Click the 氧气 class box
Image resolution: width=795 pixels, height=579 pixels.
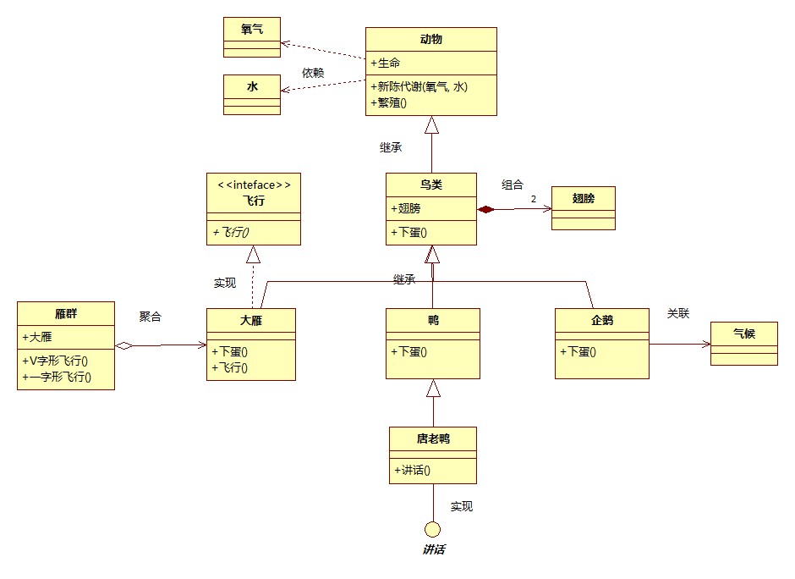point(251,36)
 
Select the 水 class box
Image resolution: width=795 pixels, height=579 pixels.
point(251,94)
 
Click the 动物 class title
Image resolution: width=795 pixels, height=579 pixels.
point(430,39)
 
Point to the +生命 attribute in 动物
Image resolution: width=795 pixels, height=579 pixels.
point(386,63)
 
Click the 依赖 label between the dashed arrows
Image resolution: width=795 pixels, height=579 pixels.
point(313,73)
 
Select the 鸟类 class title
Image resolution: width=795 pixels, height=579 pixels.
point(430,185)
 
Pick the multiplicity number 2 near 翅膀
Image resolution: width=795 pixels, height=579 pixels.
point(534,199)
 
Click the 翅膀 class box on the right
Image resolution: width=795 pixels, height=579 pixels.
point(583,207)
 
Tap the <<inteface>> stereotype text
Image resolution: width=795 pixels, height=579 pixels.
point(253,185)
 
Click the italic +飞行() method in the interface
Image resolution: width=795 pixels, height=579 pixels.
point(237,232)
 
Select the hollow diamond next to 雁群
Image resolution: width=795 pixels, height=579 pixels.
point(124,345)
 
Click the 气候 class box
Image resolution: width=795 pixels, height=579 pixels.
point(743,343)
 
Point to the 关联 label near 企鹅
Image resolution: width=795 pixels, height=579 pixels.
point(678,313)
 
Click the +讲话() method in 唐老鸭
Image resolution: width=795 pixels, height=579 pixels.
point(413,471)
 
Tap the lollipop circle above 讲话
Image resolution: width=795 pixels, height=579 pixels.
point(433,530)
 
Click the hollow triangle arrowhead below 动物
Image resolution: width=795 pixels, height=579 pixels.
point(432,125)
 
